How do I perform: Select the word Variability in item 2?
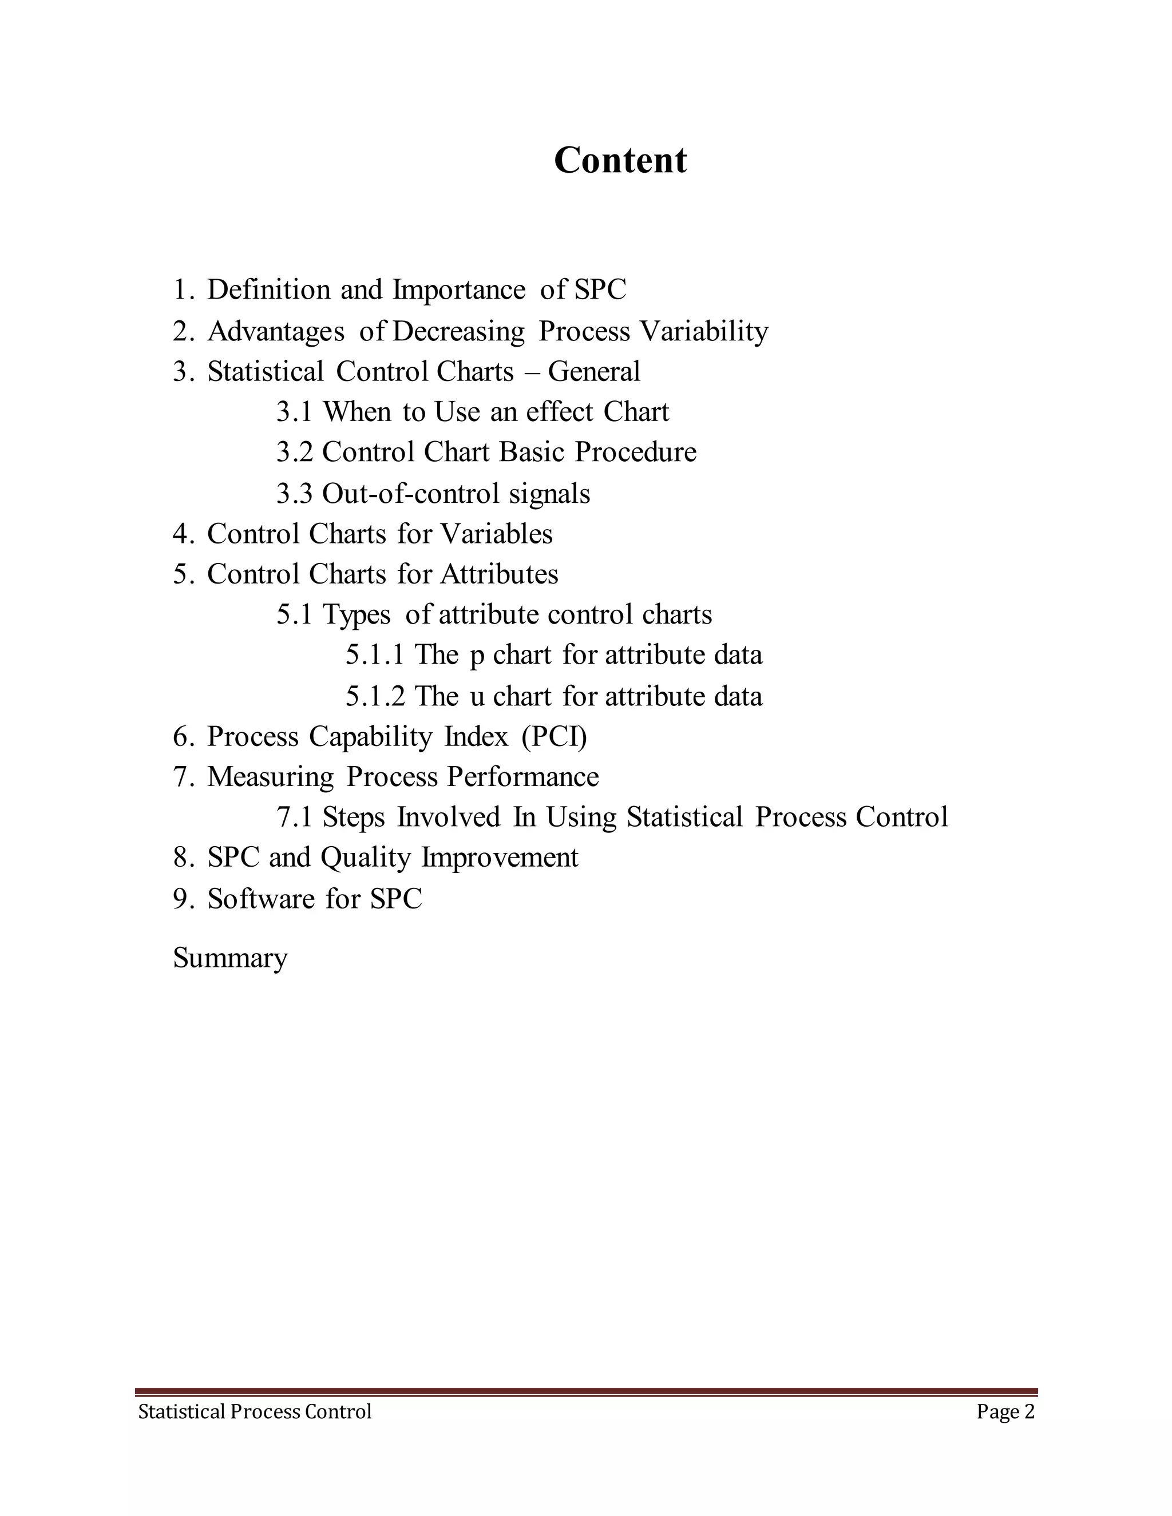pyautogui.click(x=704, y=331)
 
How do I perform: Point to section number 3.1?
pyautogui.click(x=294, y=412)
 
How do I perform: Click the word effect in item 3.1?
pyautogui.click(x=560, y=412)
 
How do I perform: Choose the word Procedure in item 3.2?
pyautogui.click(x=635, y=452)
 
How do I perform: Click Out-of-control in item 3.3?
pyautogui.click(x=410, y=494)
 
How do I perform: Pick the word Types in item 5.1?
pyautogui.click(x=356, y=615)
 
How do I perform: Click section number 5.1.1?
pyautogui.click(x=375, y=654)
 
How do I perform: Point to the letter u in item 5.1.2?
pyautogui.click(x=477, y=696)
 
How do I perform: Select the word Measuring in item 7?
pyautogui.click(x=270, y=777)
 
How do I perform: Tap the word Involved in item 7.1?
pyautogui.click(x=449, y=817)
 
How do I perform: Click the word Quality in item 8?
pyautogui.click(x=366, y=858)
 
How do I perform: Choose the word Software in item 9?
pyautogui.click(x=261, y=899)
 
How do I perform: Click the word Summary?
pyautogui.click(x=230, y=959)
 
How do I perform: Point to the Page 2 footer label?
pyautogui.click(x=1005, y=1412)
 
